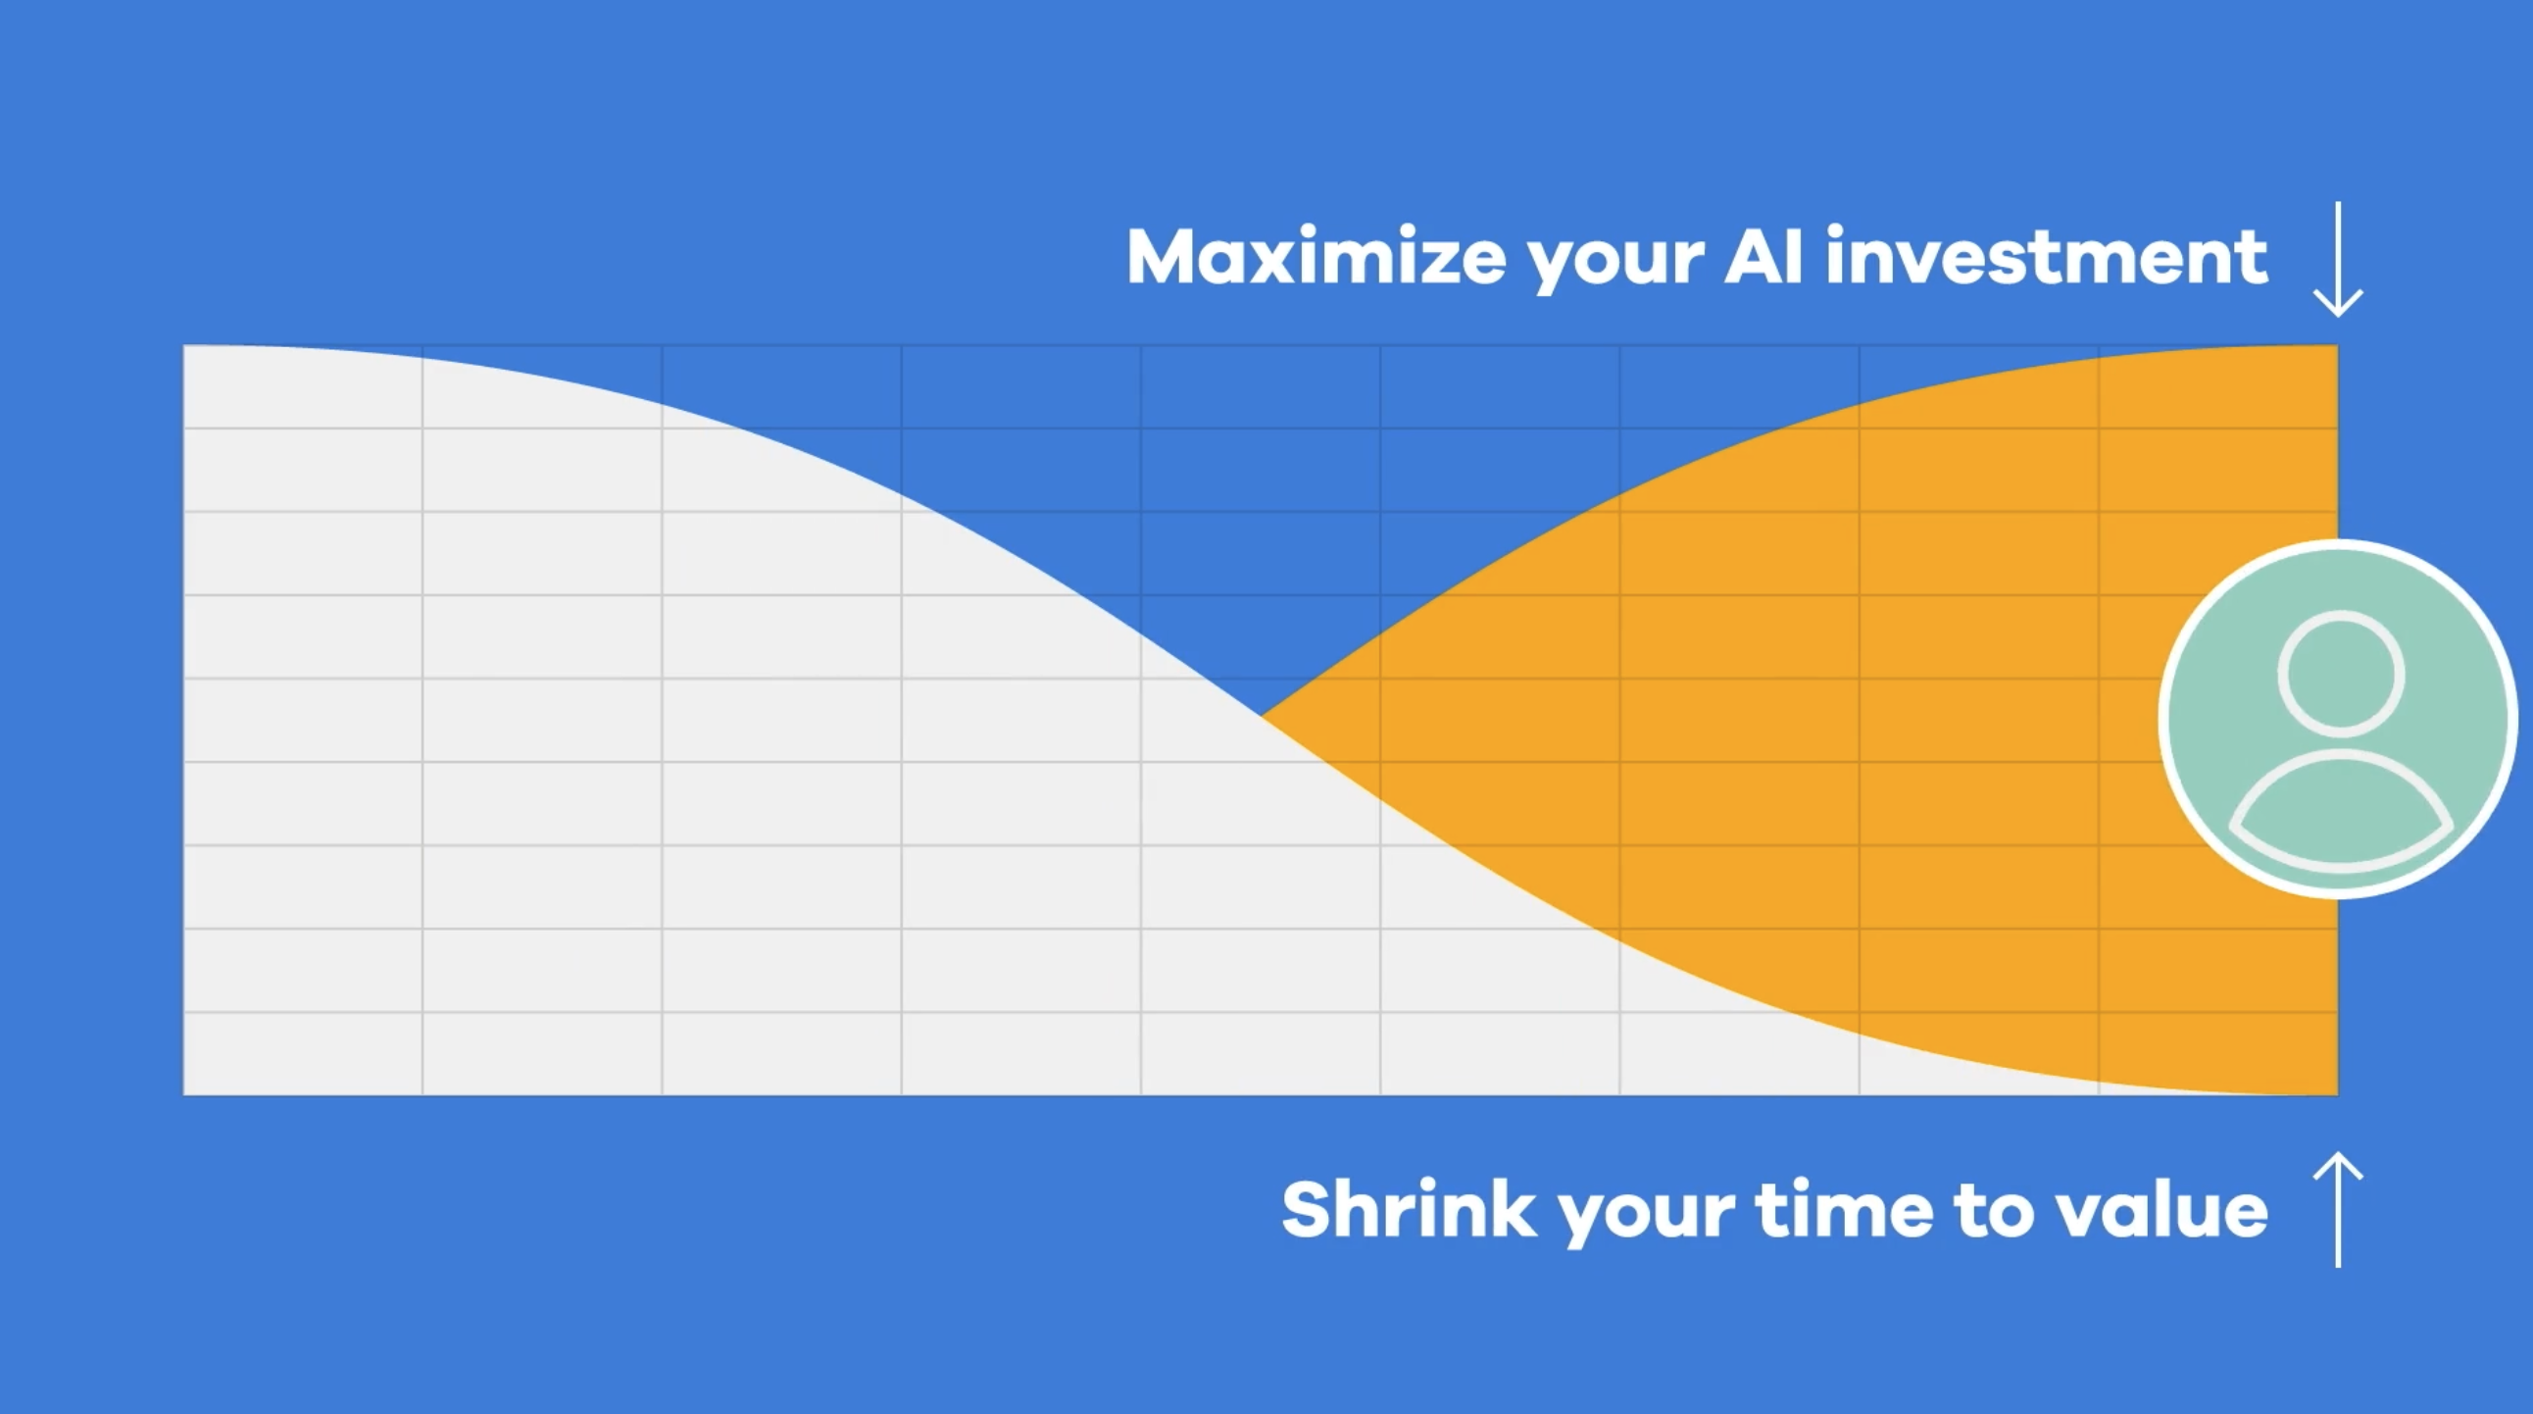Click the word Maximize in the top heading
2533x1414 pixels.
click(x=1316, y=257)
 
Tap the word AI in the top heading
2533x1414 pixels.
click(x=1764, y=257)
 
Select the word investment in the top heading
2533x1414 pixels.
click(x=2046, y=257)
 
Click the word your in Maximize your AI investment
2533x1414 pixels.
click(x=1614, y=264)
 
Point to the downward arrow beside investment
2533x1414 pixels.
click(x=2337, y=260)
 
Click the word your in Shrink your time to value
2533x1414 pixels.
click(x=1646, y=1217)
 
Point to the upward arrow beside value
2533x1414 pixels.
click(x=2337, y=1209)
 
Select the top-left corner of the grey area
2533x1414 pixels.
click(x=184, y=345)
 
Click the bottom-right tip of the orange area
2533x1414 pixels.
click(x=2337, y=1094)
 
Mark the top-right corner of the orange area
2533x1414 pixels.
click(x=2337, y=345)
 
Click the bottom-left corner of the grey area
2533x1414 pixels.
click(x=184, y=1094)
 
